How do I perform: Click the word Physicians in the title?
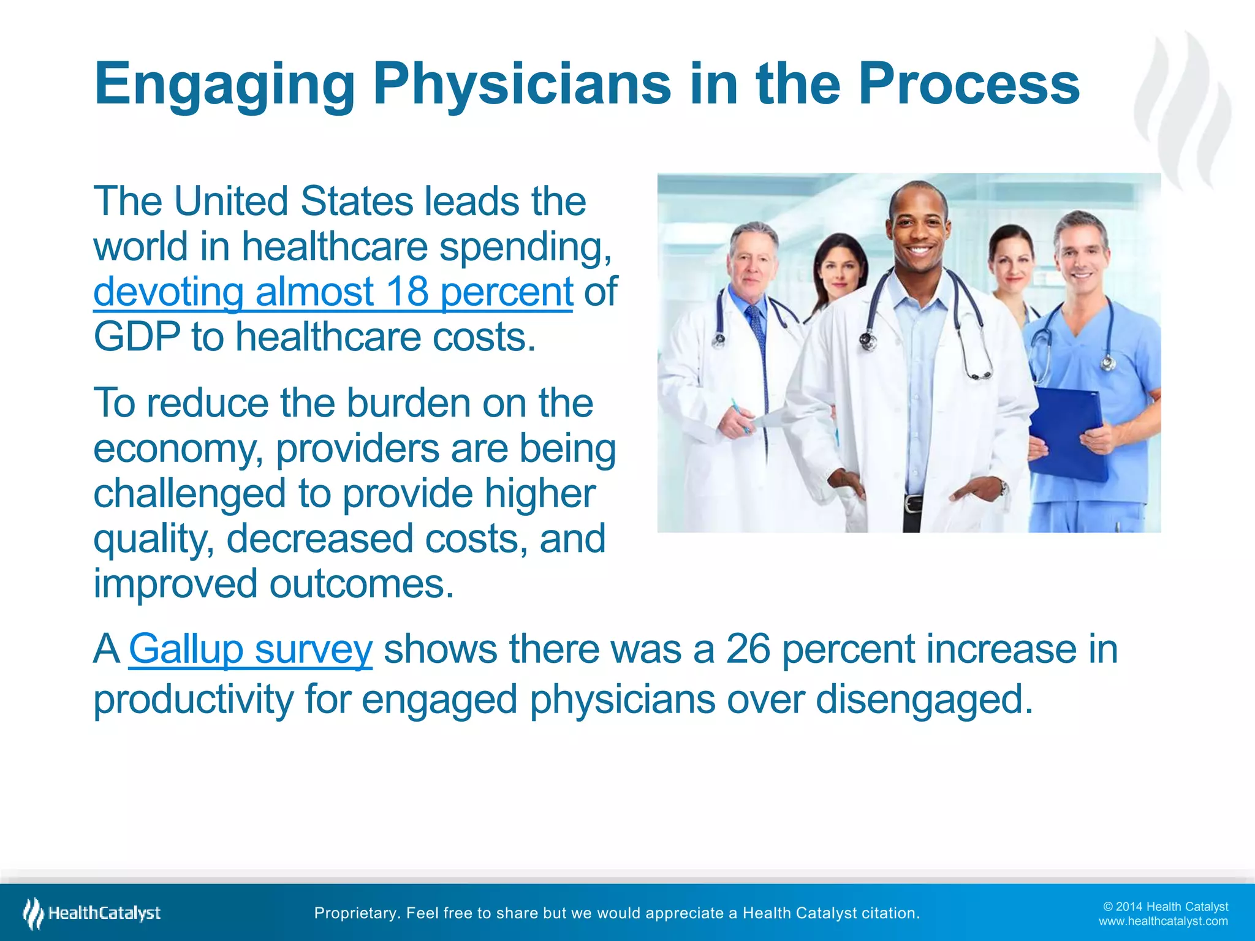521,85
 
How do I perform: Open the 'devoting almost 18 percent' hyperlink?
333,292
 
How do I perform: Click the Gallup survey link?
250,649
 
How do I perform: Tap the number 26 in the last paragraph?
748,649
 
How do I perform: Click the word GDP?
137,337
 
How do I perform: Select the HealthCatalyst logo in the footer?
92,913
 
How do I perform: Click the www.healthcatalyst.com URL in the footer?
1162,921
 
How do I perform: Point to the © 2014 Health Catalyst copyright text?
1165,907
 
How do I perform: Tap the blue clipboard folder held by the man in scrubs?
1069,435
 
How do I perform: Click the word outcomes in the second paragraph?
362,584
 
